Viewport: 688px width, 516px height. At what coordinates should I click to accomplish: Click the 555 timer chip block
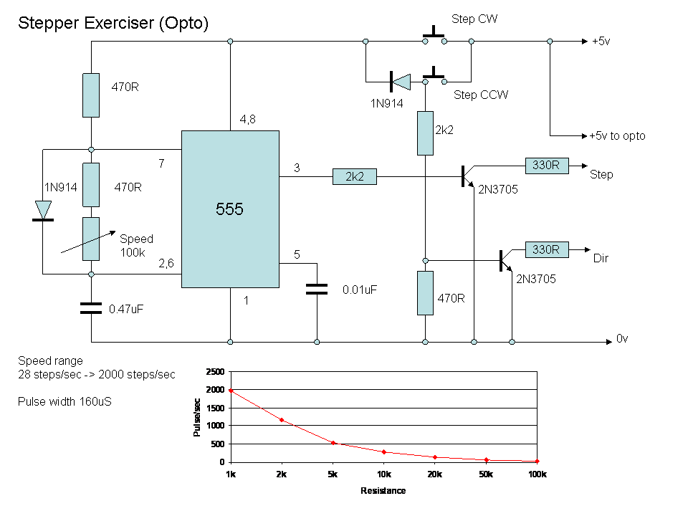(x=230, y=209)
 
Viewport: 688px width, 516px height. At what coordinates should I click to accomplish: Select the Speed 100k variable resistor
(x=91, y=239)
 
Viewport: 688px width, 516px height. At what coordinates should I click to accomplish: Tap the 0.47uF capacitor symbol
(x=91, y=308)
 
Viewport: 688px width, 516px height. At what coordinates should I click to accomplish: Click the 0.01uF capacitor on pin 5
(x=316, y=289)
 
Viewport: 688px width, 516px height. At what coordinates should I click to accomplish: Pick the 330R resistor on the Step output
(x=547, y=166)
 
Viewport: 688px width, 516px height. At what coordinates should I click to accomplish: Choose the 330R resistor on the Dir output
(x=547, y=249)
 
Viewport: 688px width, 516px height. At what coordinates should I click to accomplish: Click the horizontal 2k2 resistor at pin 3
(x=354, y=176)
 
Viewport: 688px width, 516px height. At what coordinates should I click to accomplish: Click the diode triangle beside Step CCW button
(x=401, y=82)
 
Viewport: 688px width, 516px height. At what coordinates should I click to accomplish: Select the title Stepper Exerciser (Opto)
(x=113, y=23)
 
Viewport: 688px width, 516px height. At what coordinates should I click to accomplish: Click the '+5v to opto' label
(x=617, y=135)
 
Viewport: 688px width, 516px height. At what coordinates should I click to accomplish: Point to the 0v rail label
(x=622, y=338)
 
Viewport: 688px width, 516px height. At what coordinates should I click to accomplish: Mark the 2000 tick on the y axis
(x=215, y=390)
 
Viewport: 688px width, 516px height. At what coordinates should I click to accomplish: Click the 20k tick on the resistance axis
(x=435, y=474)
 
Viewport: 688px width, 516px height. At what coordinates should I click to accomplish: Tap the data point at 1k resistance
(x=231, y=391)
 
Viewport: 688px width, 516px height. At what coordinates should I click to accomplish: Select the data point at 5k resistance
(x=333, y=443)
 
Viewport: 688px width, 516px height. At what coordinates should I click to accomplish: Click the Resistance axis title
(x=383, y=491)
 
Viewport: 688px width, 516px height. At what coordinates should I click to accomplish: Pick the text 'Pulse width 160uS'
(x=64, y=401)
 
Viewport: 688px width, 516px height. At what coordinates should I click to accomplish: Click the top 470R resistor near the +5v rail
(x=91, y=95)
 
